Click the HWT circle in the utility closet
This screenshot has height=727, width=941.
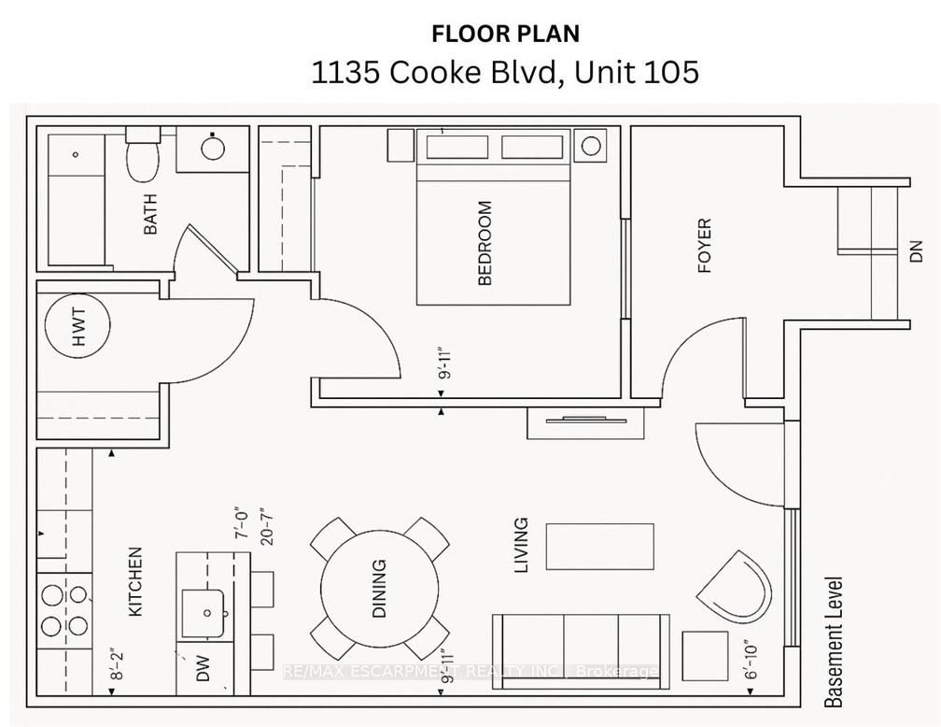point(78,327)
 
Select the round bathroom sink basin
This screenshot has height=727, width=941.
point(213,148)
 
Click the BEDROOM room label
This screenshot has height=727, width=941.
point(485,243)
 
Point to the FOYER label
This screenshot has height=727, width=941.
point(704,246)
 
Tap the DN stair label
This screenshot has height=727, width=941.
point(916,250)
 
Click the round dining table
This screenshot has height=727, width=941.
point(380,589)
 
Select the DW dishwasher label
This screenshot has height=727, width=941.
point(203,668)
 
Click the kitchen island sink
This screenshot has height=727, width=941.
point(204,612)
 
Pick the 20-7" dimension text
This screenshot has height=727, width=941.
point(267,526)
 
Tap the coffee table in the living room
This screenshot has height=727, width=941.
point(599,547)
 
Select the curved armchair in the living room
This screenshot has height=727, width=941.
point(735,589)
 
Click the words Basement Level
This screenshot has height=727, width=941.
point(834,642)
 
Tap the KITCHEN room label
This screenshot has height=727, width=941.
point(135,581)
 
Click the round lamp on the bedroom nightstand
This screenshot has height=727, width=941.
point(591,146)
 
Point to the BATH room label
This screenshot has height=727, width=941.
point(150,214)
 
